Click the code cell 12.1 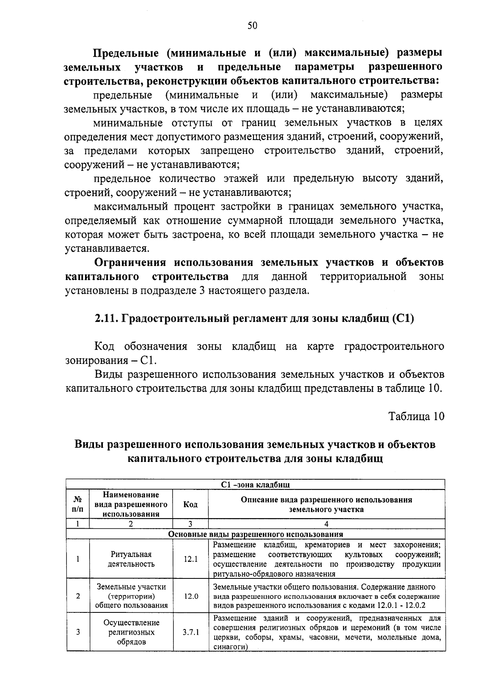(190, 559)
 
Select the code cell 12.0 (190, 596)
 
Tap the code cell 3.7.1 (190, 632)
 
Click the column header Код (190, 504)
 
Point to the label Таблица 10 (416, 416)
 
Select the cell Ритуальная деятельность (131, 559)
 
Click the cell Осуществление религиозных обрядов (131, 632)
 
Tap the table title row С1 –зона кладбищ (255, 485)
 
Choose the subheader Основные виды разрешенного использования (255, 534)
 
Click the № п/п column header (77, 504)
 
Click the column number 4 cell (326, 524)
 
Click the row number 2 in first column (77, 596)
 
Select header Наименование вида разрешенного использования (131, 504)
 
